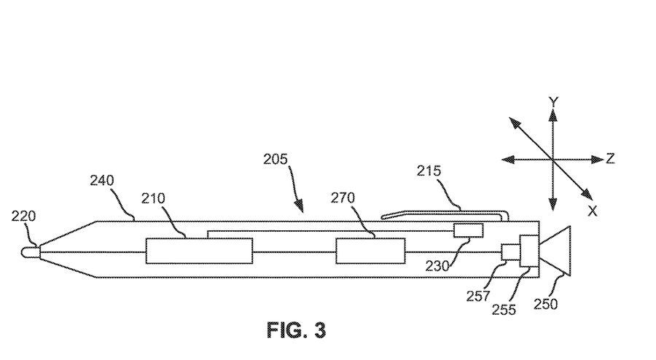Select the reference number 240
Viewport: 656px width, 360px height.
point(102,180)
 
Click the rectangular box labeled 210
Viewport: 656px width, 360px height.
point(199,251)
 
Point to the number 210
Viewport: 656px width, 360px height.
point(154,198)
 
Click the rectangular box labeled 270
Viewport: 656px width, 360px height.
point(370,251)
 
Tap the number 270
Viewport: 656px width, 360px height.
point(343,198)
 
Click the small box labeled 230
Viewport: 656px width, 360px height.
point(468,230)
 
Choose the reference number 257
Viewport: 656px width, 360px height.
point(480,295)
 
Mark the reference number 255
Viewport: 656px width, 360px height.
point(504,309)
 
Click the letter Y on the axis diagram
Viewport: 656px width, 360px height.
point(553,103)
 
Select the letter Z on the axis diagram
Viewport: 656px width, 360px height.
point(610,159)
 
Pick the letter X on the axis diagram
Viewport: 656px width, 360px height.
point(592,211)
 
